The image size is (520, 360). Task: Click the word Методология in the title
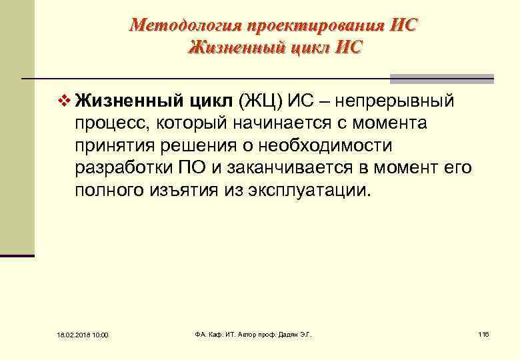(x=185, y=25)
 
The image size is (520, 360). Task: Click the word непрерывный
(x=395, y=101)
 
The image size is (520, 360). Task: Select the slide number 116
(x=483, y=333)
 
